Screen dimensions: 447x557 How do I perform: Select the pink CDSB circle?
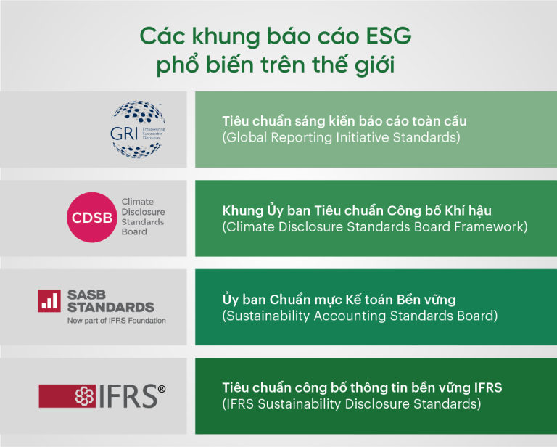pyautogui.click(x=91, y=217)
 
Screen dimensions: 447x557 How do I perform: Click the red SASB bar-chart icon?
pyautogui.click(x=49, y=300)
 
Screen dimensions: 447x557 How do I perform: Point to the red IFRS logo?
pyautogui.click(x=102, y=396)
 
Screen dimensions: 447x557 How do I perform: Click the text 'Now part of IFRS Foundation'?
pyautogui.click(x=116, y=320)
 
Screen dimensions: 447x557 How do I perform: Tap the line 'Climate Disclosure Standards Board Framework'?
pyautogui.click(x=374, y=226)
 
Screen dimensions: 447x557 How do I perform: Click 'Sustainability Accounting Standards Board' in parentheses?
pyautogui.click(x=360, y=316)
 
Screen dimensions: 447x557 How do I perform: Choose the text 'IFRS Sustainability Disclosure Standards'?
pyautogui.click(x=351, y=404)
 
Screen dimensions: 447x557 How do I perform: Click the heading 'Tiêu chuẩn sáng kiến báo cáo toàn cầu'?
pyautogui.click(x=344, y=120)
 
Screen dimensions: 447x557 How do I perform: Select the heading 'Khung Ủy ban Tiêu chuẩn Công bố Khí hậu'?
pyautogui.click(x=357, y=210)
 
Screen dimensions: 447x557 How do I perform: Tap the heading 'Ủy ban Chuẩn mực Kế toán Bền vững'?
pyautogui.click(x=339, y=300)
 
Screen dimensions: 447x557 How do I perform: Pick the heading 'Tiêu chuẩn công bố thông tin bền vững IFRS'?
pyautogui.click(x=362, y=388)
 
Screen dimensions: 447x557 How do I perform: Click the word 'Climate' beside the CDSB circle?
pyautogui.click(x=138, y=202)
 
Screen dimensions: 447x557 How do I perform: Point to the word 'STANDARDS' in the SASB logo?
pyautogui.click(x=110, y=307)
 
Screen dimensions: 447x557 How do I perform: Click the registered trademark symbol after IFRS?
pyautogui.click(x=162, y=389)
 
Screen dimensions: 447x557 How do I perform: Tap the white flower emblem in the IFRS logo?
pyautogui.click(x=84, y=396)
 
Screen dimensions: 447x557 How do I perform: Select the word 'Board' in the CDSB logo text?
pyautogui.click(x=134, y=232)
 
